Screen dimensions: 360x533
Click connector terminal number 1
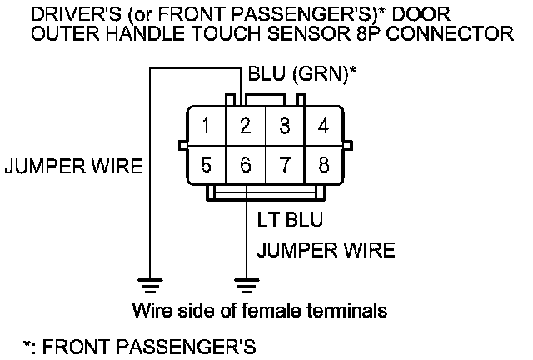(206, 127)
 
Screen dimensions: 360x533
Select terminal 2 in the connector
(246, 127)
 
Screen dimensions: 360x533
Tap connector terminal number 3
(285, 127)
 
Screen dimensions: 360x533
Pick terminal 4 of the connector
(325, 127)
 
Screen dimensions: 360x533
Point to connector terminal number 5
(206, 164)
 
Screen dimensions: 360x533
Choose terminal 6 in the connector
(246, 164)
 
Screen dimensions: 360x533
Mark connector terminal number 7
(285, 164)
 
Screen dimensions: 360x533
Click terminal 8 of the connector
(325, 164)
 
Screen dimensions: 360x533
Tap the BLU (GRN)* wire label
(302, 74)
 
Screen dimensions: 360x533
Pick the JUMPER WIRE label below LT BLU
(326, 250)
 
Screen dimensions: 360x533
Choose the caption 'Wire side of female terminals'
(260, 311)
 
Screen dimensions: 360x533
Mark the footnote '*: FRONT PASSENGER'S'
(138, 344)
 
